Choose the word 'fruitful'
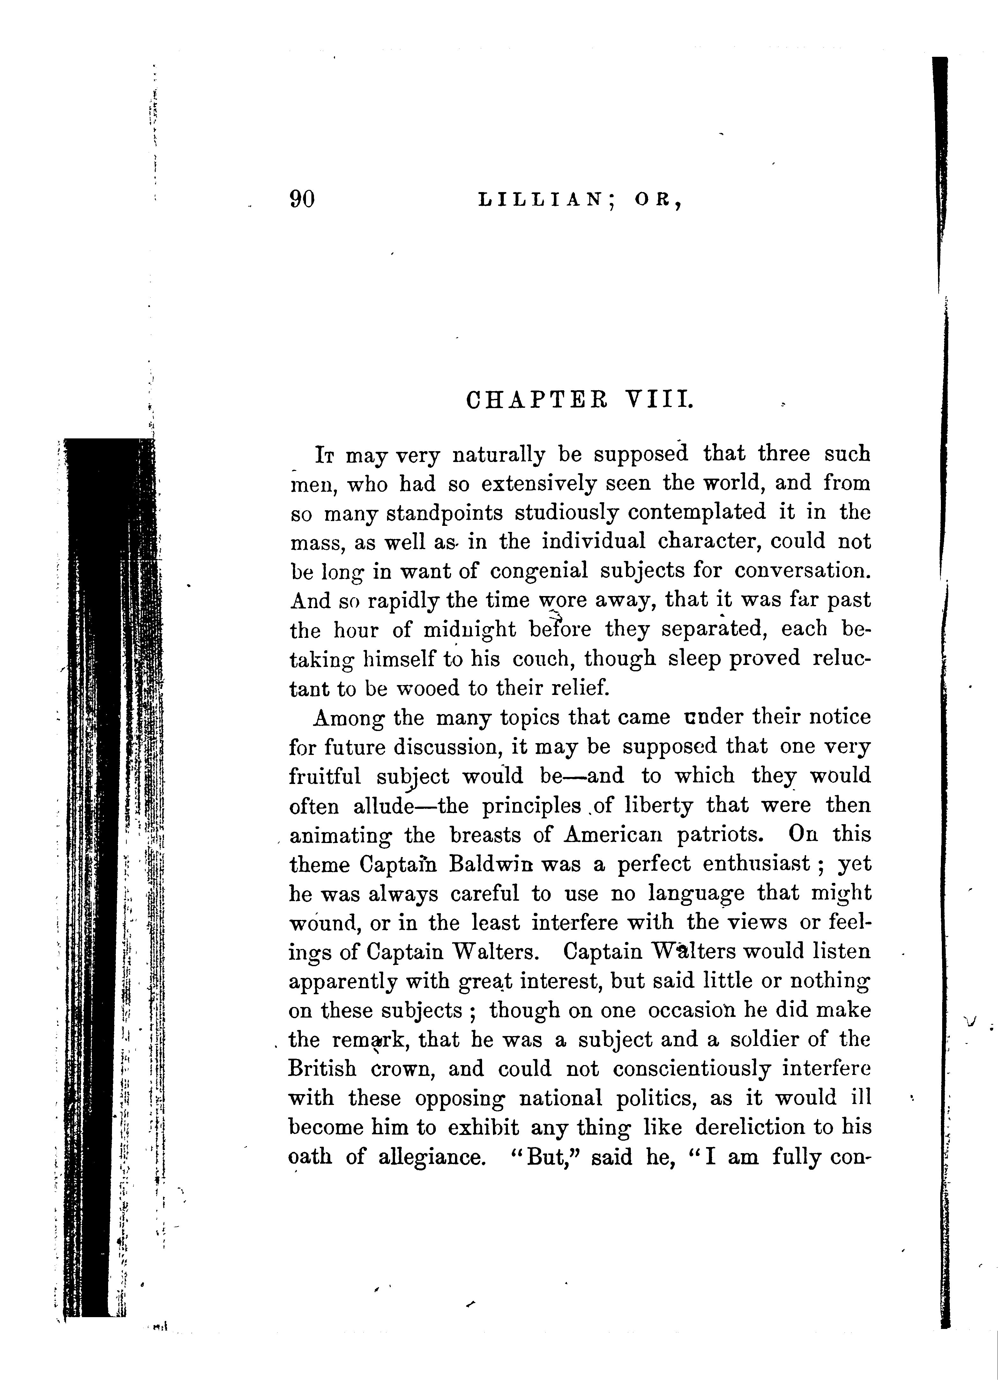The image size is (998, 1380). (x=324, y=776)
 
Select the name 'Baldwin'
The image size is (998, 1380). (x=493, y=864)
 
